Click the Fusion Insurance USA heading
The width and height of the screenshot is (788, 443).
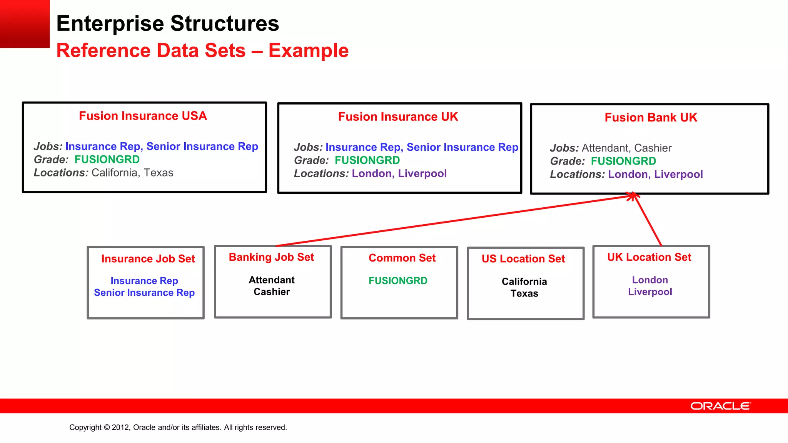click(x=143, y=116)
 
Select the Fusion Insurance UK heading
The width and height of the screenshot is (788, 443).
click(x=398, y=117)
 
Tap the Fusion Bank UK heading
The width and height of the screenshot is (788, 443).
click(x=651, y=117)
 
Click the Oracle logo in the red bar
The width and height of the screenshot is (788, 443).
click(x=720, y=406)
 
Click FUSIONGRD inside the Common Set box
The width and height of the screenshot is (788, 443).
click(x=398, y=281)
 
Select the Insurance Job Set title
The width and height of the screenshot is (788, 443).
click(x=148, y=259)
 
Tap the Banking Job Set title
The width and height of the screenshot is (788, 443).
click(x=271, y=257)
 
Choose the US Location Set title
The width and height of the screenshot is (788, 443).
click(x=523, y=259)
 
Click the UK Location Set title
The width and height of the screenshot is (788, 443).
click(x=649, y=257)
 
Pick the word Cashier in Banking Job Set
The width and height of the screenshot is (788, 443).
click(x=272, y=292)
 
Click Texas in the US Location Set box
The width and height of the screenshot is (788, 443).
click(x=524, y=293)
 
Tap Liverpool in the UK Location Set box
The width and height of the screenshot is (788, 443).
click(x=650, y=292)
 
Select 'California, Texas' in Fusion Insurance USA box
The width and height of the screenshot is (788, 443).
click(x=132, y=173)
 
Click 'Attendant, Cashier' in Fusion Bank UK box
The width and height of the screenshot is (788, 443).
click(x=626, y=148)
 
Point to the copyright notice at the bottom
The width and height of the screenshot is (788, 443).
click(x=178, y=427)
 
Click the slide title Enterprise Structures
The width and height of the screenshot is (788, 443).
click(x=168, y=23)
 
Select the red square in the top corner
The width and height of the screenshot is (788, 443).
click(x=25, y=23)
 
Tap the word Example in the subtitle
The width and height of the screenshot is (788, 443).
click(x=308, y=50)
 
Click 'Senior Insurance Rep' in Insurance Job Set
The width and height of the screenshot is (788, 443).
click(x=144, y=293)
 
